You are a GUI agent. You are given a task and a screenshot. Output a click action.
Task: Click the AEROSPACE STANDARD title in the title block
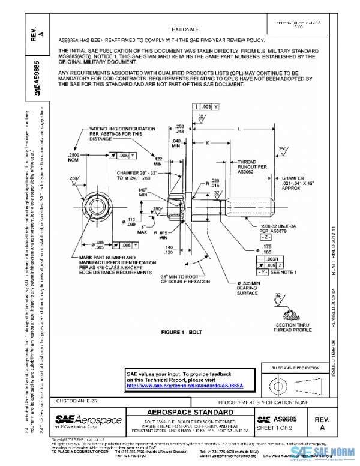(x=191, y=413)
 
